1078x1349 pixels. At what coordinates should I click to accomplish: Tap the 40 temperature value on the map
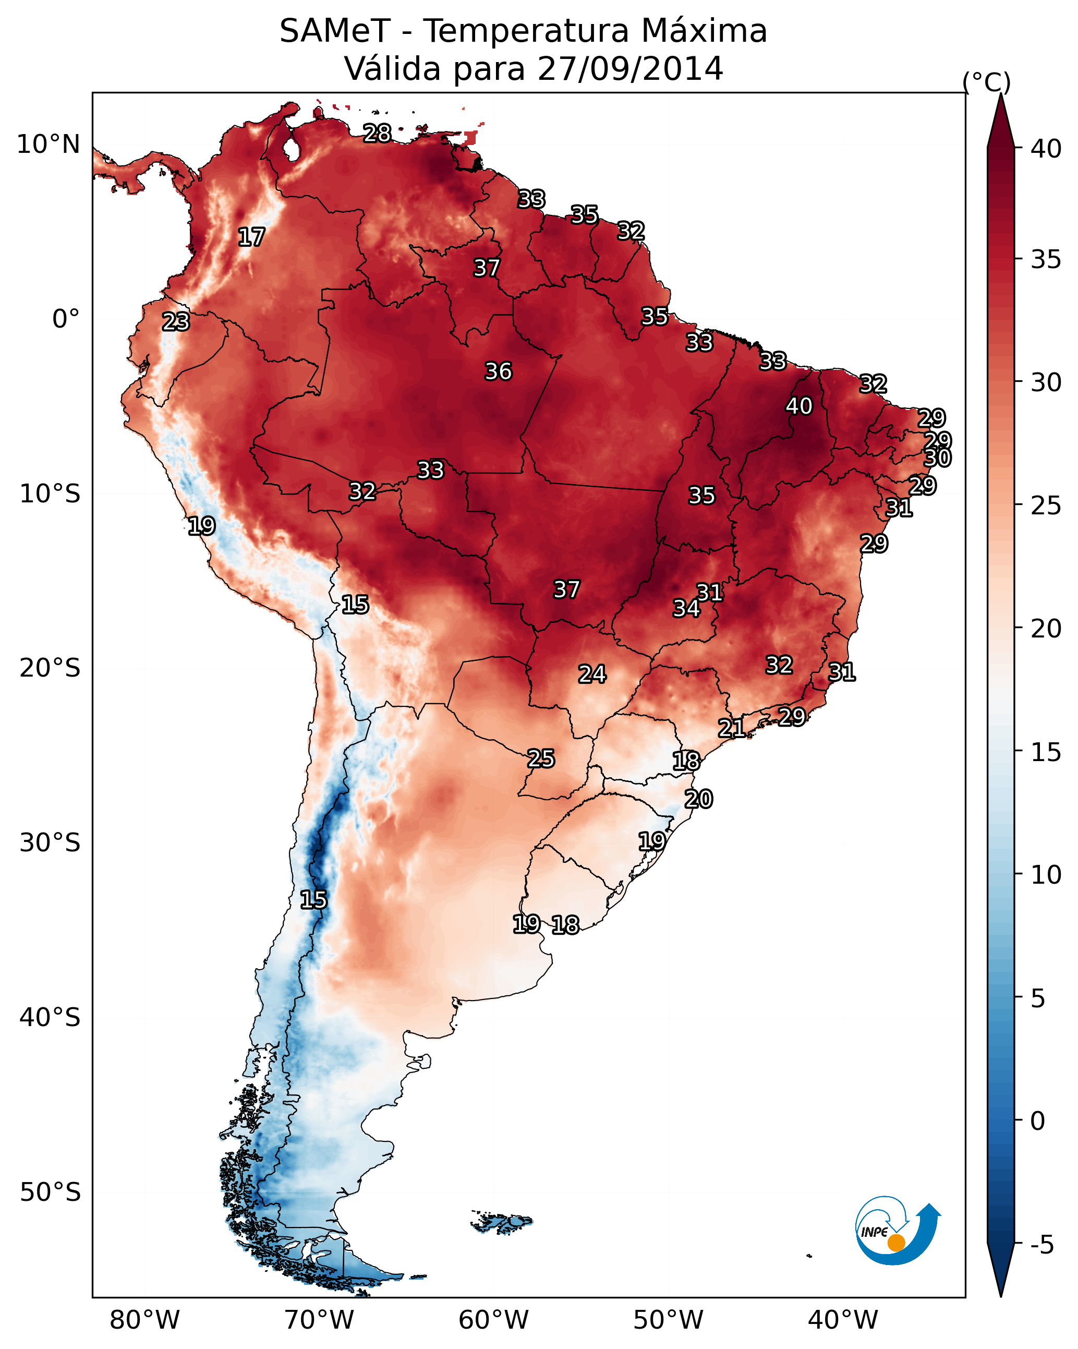tap(799, 406)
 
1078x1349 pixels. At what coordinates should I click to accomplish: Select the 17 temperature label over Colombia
tap(251, 237)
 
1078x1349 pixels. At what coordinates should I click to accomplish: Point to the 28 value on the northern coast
tap(377, 133)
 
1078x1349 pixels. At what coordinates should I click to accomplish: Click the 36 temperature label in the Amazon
tap(499, 371)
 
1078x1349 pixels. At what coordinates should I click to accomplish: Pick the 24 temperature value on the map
tap(592, 674)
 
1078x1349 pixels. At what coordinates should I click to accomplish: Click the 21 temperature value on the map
tap(731, 728)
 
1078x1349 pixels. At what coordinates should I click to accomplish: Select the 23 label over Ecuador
tap(176, 322)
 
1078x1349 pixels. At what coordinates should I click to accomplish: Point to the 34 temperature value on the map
tap(686, 608)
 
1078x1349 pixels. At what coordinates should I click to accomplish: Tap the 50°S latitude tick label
tap(50, 1193)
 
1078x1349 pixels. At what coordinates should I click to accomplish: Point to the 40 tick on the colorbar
tap(1046, 149)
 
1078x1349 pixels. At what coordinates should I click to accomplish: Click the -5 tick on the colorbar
tap(1041, 1245)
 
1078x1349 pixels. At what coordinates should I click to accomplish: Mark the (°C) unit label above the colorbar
tap(986, 82)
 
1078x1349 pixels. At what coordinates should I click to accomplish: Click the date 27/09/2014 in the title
tap(630, 68)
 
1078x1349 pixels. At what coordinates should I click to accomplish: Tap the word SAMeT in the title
tap(335, 31)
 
